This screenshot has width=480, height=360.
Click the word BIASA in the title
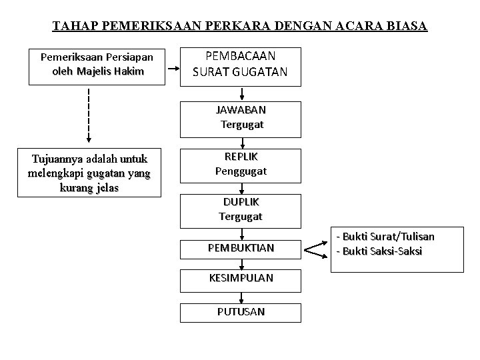tap(407, 27)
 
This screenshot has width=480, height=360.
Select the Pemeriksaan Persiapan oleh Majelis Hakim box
tap(97, 65)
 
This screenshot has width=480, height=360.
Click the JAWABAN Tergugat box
tap(241, 117)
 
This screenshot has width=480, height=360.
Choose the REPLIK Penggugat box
tap(240, 163)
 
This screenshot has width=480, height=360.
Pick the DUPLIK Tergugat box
tap(240, 209)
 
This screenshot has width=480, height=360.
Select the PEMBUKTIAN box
tap(240, 248)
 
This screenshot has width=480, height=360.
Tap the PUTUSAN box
tap(240, 311)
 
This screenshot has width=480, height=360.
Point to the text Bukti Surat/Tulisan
tap(387, 237)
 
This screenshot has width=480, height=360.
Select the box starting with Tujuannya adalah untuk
tap(89, 173)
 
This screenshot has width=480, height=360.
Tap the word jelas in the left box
tap(106, 187)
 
